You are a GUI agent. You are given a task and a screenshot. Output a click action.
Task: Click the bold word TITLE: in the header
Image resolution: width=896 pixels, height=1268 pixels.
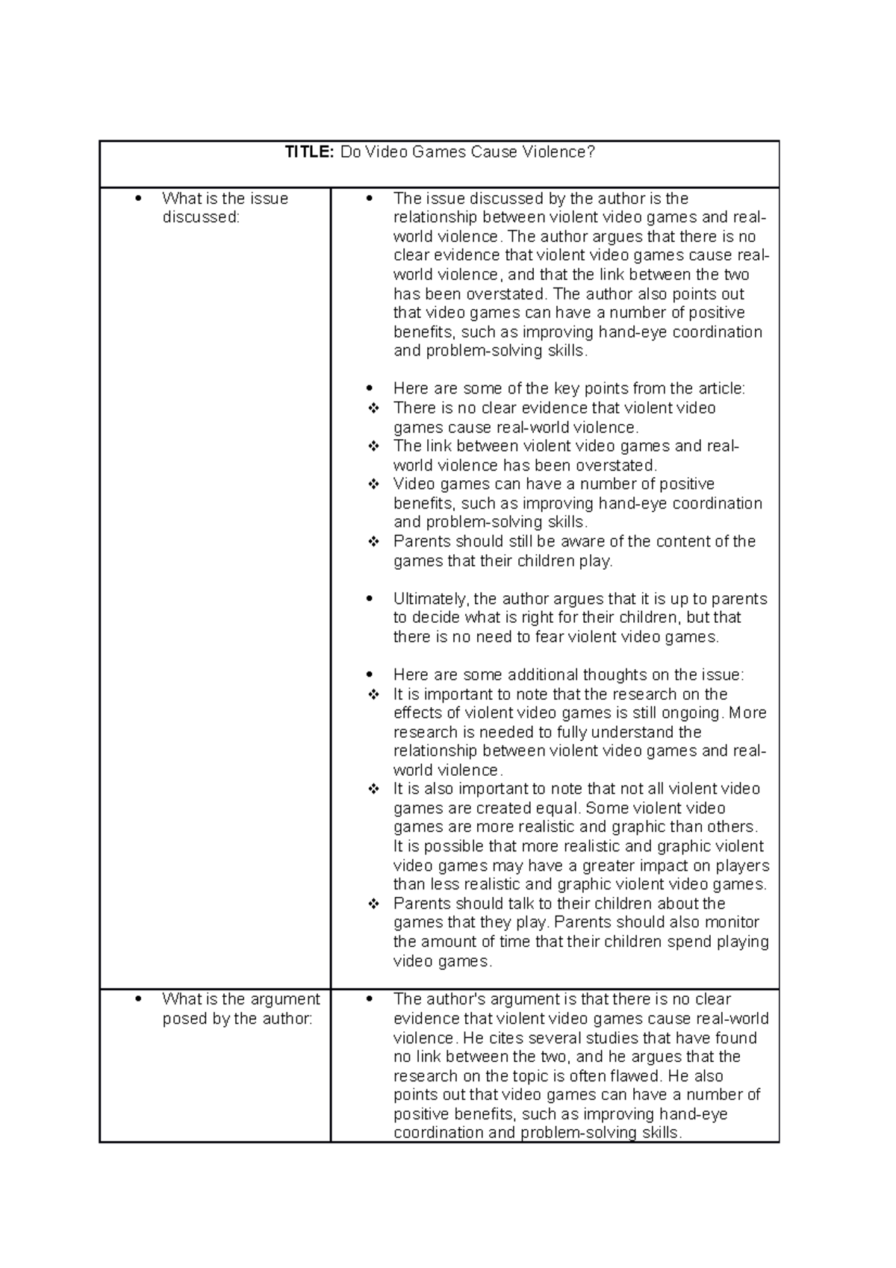(310, 152)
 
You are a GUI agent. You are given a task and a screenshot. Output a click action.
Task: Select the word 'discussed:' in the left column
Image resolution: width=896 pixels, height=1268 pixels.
(201, 218)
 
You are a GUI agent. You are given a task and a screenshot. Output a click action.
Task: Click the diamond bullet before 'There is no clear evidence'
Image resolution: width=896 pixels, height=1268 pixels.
(374, 408)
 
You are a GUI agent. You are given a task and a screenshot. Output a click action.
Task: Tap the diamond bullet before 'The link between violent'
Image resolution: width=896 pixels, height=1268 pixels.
(374, 447)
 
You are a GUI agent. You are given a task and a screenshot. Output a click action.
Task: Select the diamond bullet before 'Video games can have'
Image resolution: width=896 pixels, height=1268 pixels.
(374, 485)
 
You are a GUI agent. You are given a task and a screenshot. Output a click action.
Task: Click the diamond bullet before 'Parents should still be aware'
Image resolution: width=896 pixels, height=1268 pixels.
(374, 541)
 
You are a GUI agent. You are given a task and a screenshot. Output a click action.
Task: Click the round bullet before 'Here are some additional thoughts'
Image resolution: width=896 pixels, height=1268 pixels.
(370, 675)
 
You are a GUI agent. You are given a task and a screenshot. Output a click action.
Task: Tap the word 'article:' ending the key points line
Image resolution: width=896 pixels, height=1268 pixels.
(721, 389)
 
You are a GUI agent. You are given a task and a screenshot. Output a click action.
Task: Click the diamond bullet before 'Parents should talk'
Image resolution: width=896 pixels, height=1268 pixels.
(374, 904)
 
